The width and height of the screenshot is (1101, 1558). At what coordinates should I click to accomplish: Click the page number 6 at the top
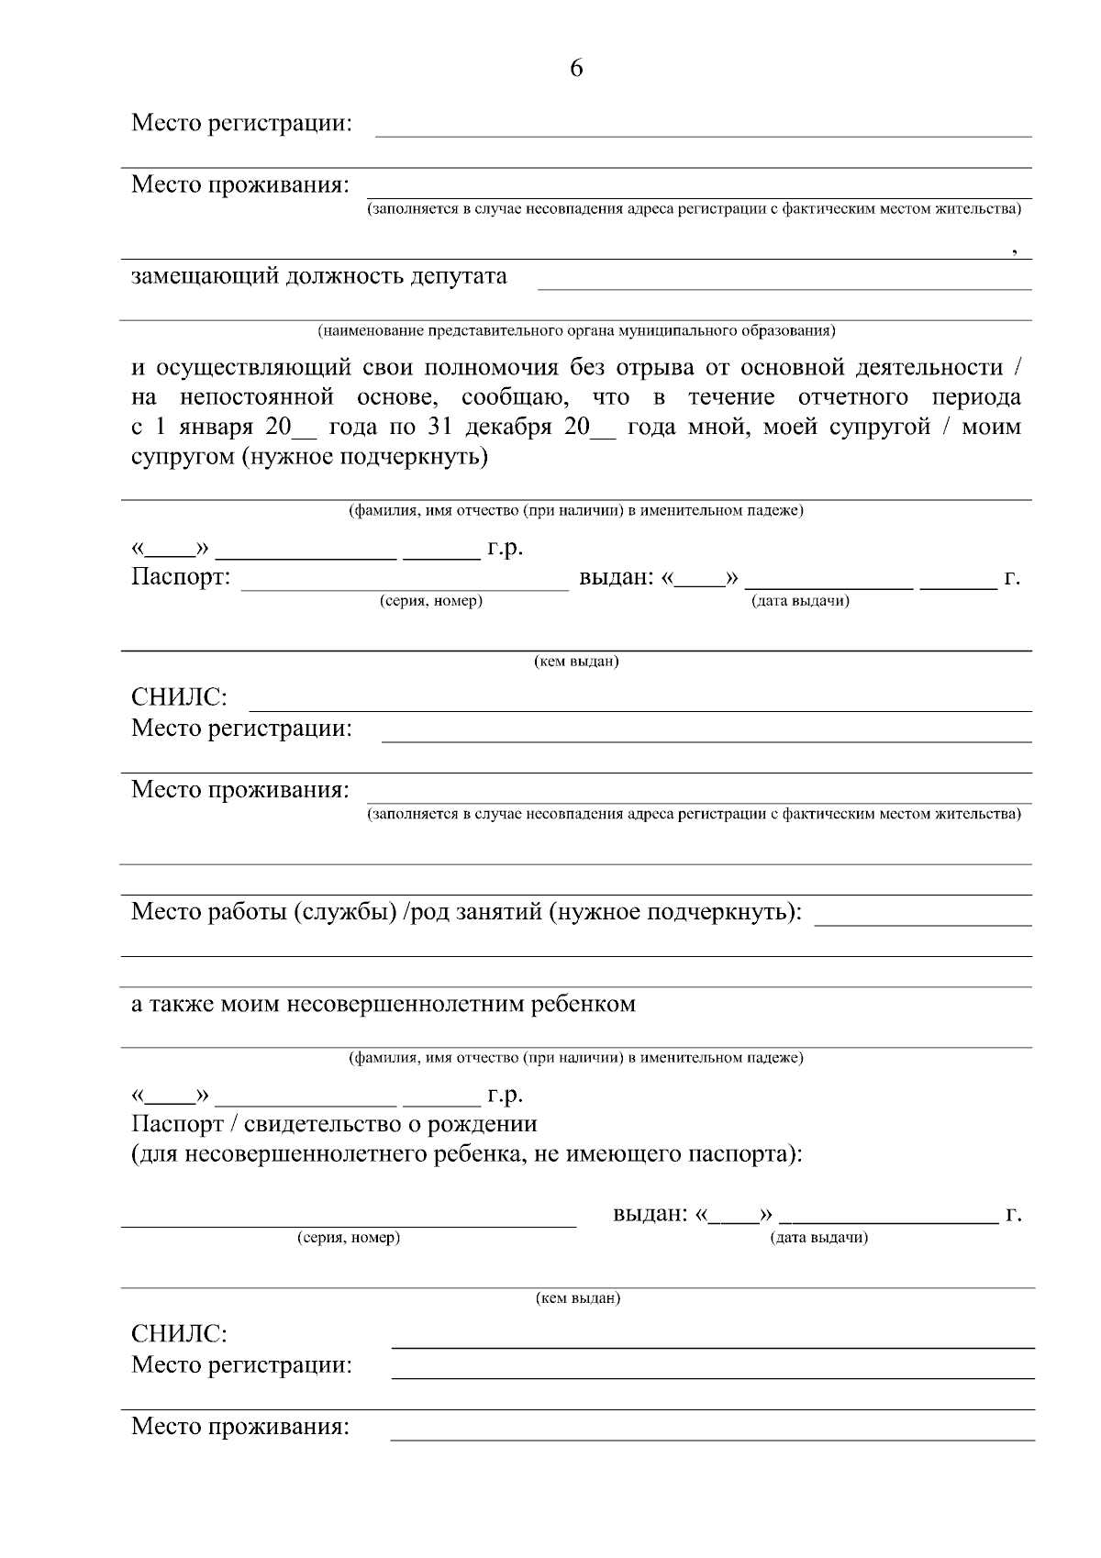coord(576,69)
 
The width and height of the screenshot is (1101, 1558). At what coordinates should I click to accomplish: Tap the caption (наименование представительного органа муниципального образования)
coord(576,329)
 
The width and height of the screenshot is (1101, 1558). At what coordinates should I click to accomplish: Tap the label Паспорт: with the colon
coord(181,578)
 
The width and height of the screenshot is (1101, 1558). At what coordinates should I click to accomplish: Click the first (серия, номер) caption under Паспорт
coord(431,601)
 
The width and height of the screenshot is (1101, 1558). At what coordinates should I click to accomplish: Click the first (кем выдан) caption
coord(576,662)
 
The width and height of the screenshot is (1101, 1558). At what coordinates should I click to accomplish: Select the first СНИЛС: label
coord(179,697)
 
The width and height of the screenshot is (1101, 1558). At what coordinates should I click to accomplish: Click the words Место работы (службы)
coord(263,912)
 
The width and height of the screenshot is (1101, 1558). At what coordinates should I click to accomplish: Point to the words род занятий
coord(475,912)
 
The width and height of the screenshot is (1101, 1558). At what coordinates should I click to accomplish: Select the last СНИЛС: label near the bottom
coord(179,1333)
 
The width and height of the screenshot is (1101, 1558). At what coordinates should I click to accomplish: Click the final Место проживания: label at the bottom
coord(240,1427)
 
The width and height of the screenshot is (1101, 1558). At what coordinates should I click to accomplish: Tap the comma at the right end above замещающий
coord(1015,250)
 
